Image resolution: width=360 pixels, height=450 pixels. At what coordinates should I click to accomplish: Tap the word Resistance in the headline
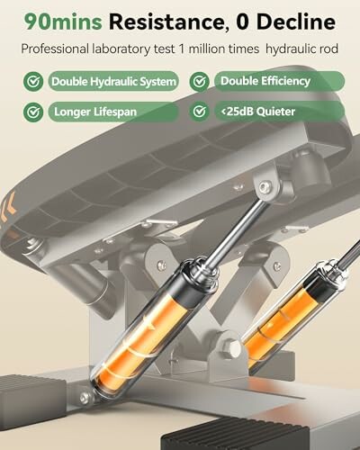[165, 20]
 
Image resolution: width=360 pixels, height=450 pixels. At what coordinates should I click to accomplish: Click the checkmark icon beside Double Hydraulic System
[34, 82]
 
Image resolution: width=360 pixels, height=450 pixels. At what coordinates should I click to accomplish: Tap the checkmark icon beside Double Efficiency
[202, 82]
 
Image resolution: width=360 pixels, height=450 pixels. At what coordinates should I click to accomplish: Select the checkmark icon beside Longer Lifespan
[34, 112]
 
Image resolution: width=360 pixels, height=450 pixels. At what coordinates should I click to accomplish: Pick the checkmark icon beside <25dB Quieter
[202, 112]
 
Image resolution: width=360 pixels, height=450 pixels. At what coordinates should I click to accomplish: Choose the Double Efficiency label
[265, 82]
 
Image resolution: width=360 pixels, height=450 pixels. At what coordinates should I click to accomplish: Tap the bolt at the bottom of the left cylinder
[85, 397]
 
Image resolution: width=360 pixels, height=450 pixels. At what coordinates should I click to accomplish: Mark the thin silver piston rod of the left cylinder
[236, 225]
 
